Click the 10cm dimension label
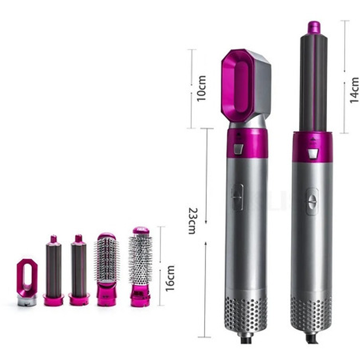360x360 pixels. [202, 89]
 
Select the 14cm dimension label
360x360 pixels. [354, 90]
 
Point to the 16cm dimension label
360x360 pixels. [170, 279]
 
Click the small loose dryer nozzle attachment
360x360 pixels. [27, 282]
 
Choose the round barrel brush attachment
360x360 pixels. [141, 267]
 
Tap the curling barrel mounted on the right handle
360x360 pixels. [314, 77]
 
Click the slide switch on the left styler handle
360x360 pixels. [238, 197]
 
